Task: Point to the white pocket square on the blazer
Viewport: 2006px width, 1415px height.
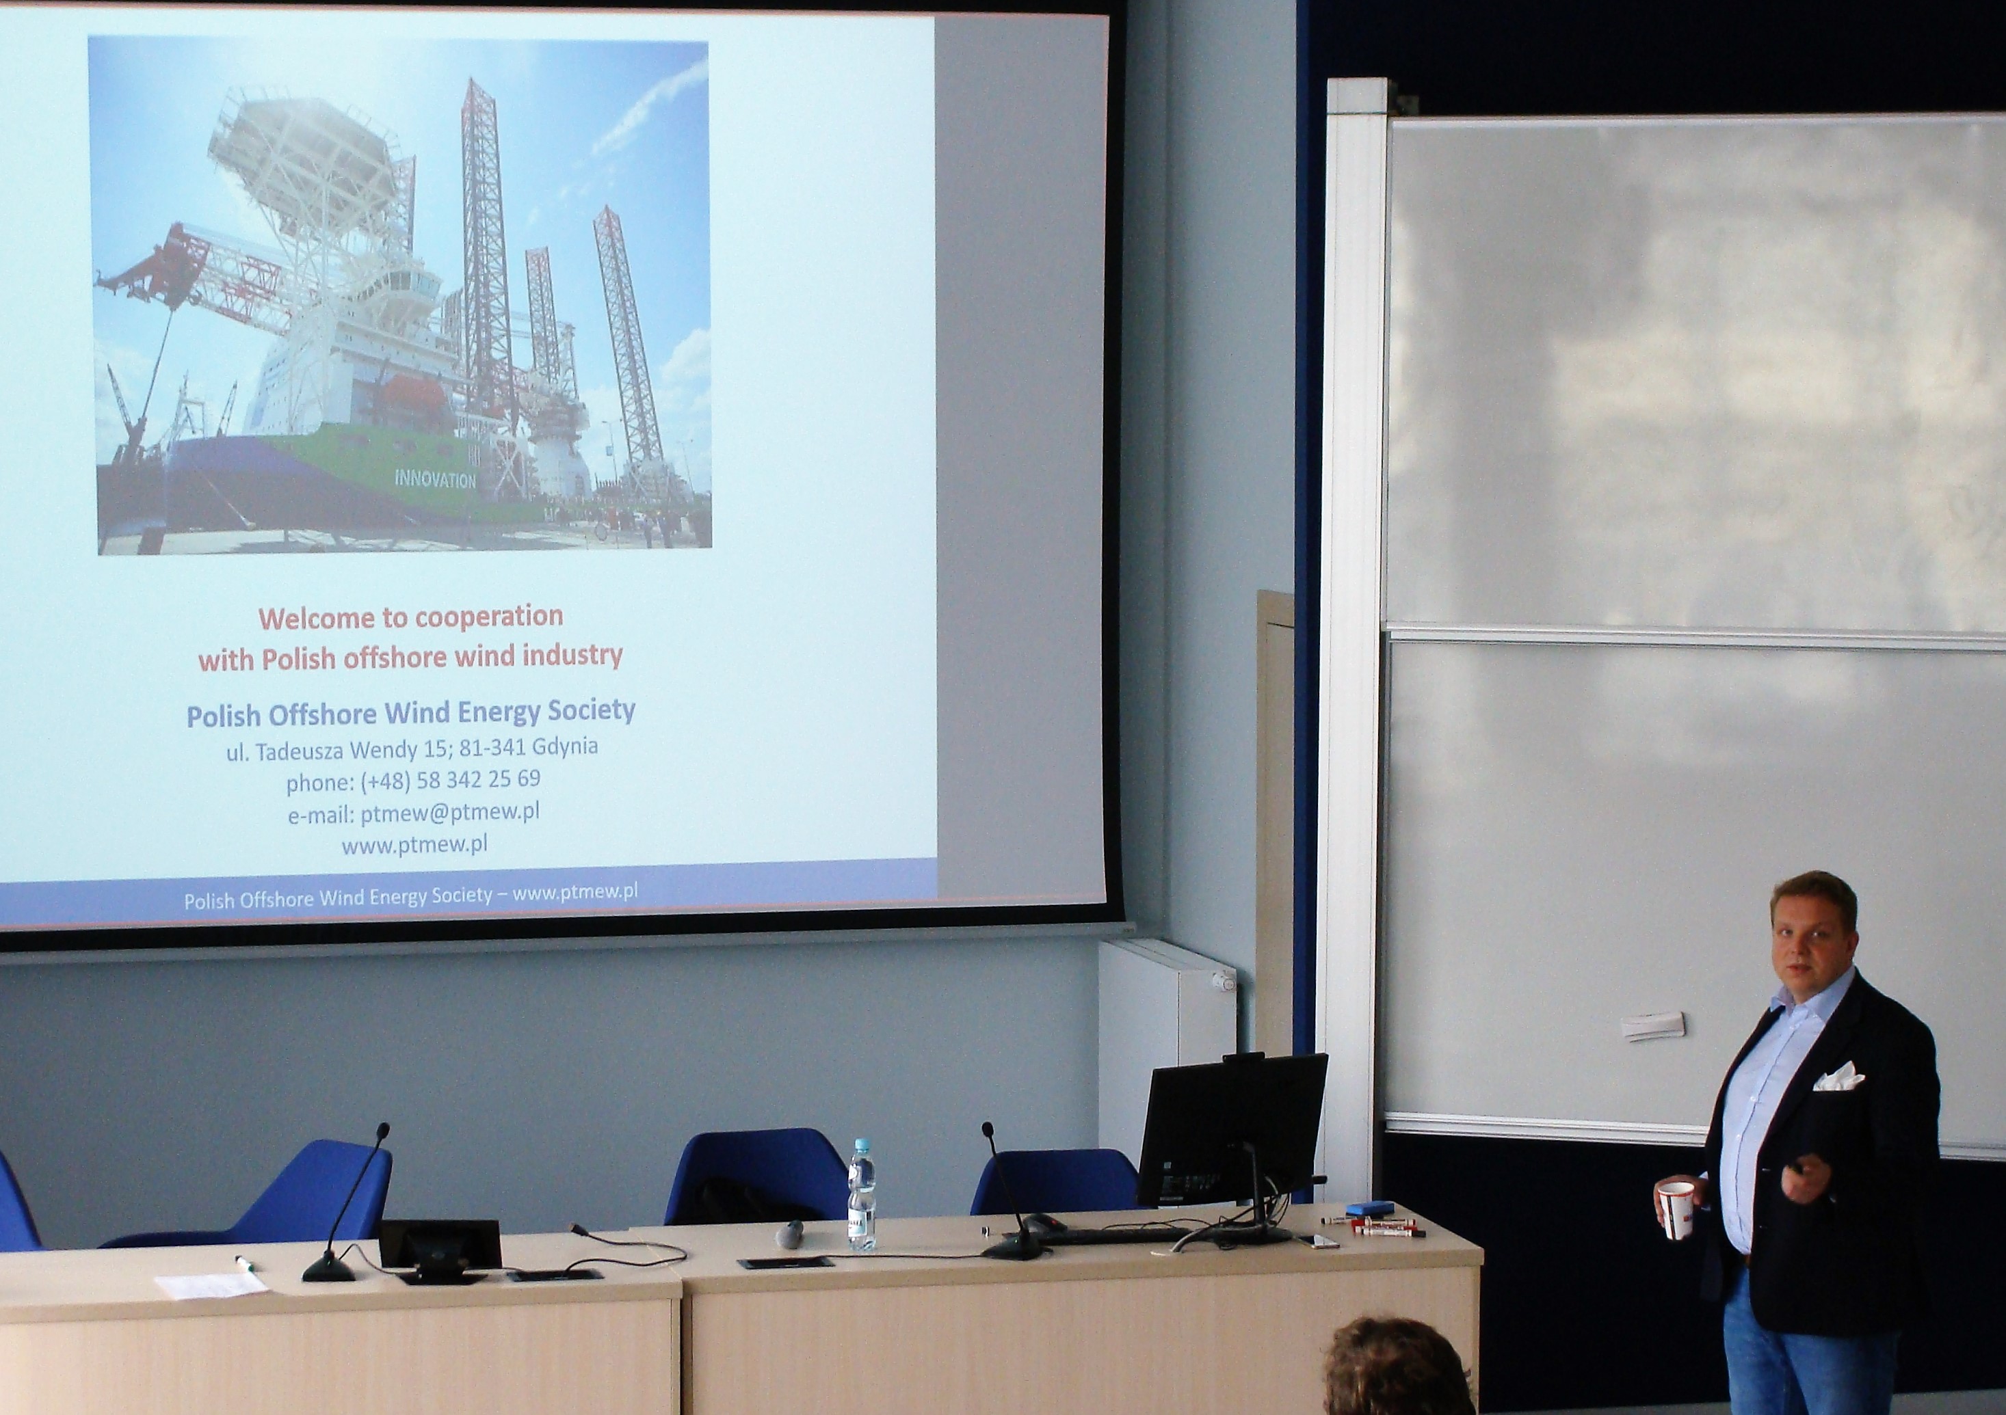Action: pos(1838,1079)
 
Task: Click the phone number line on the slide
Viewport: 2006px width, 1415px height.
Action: pos(413,780)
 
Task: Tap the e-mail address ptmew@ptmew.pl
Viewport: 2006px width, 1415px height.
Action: pos(450,812)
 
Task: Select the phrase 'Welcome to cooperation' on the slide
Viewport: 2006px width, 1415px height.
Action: pos(410,617)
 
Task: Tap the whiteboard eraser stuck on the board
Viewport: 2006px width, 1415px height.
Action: pos(1653,1025)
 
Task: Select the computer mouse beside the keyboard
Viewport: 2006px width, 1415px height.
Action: pos(1039,1222)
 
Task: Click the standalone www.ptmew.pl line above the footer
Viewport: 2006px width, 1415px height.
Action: pos(414,846)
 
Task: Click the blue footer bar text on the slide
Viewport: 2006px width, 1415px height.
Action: pos(410,894)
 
